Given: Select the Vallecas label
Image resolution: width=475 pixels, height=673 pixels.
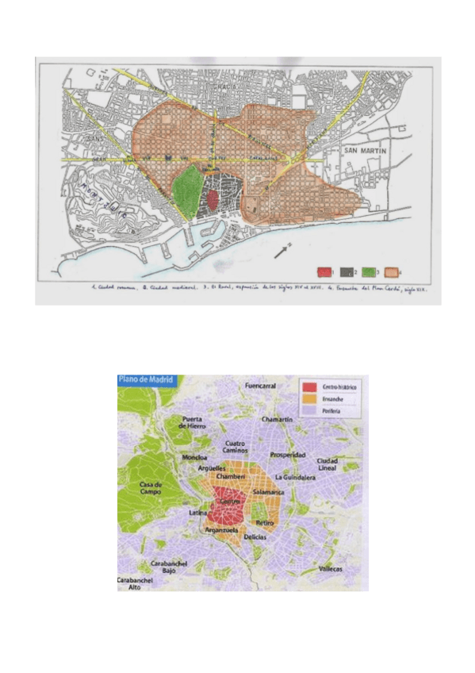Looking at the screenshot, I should [331, 569].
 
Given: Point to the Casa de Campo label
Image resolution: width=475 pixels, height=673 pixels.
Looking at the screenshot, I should [150, 488].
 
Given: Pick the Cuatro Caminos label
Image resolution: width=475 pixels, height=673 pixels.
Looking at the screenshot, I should [239, 448].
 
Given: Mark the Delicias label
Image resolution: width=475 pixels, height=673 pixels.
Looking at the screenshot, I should [255, 537].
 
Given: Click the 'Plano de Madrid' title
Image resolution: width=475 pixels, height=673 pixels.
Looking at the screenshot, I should [145, 379].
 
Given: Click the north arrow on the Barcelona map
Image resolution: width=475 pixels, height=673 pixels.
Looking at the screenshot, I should [282, 250].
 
